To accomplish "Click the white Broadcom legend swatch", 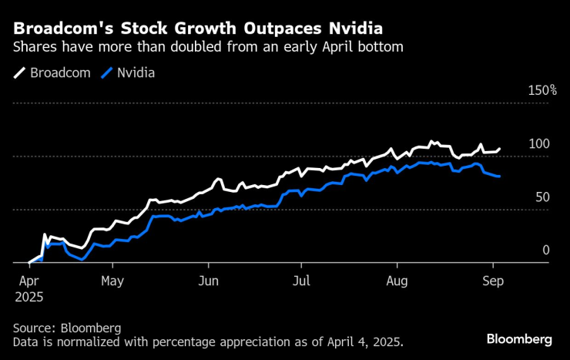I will (x=19, y=73).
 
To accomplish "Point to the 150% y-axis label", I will (x=541, y=90).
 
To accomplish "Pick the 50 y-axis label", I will (x=542, y=197).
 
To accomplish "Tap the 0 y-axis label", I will (x=545, y=251).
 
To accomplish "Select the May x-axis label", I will (x=112, y=281).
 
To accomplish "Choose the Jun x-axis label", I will (x=208, y=281).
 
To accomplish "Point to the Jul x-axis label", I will (x=302, y=281).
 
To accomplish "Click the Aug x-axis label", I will (x=397, y=281).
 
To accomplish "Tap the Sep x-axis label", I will (x=493, y=281).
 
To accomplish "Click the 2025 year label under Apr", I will (x=28, y=296).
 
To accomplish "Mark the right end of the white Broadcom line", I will (x=499, y=149).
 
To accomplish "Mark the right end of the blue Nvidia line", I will (x=499, y=177).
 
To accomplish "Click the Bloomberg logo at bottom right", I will (x=518, y=339).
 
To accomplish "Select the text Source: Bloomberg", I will (x=66, y=328).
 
